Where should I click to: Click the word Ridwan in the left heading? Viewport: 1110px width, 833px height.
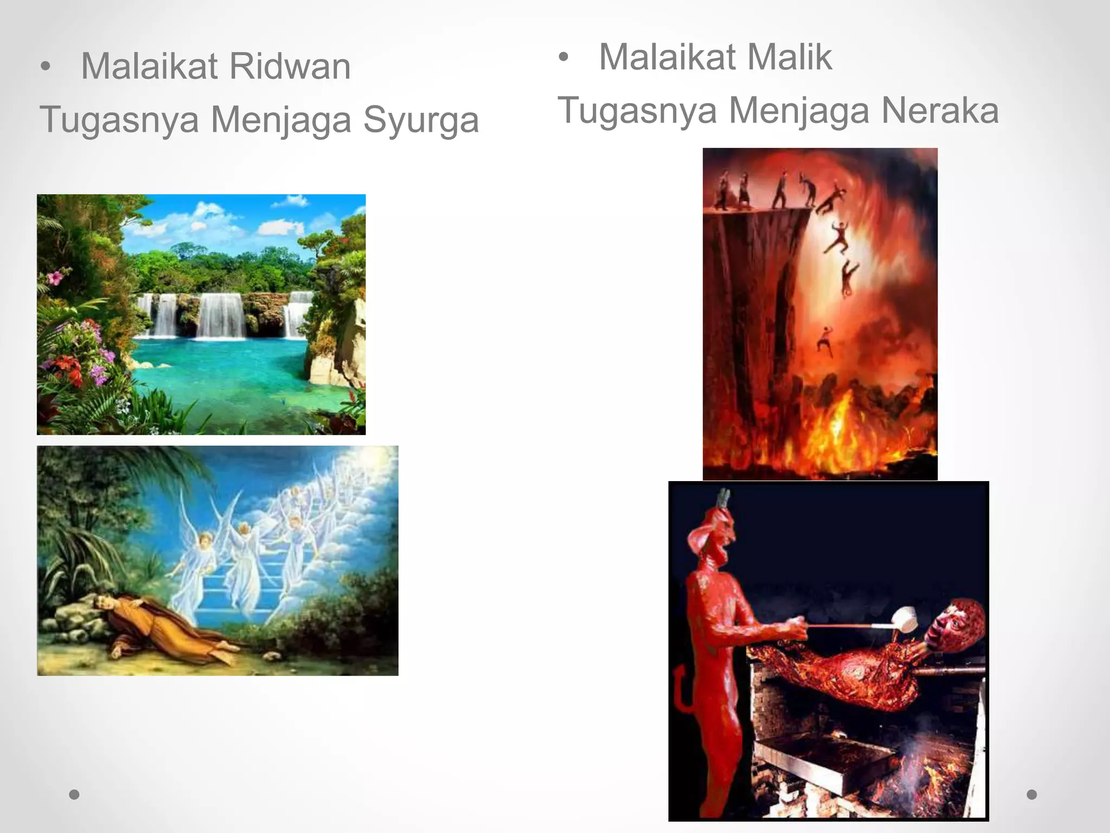(x=290, y=67)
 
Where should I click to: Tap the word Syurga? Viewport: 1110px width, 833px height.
(x=421, y=120)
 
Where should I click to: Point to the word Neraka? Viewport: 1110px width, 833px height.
(x=940, y=111)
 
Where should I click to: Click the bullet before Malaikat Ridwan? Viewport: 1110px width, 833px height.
(x=46, y=67)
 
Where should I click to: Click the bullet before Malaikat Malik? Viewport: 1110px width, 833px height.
(x=564, y=57)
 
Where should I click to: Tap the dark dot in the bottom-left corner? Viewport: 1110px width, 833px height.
(x=75, y=794)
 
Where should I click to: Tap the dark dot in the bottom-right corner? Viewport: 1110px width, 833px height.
(x=1032, y=794)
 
